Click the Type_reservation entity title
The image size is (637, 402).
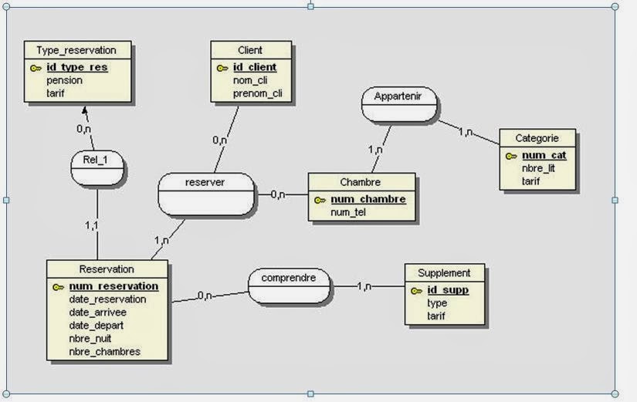click(x=76, y=50)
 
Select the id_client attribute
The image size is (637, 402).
click(x=254, y=68)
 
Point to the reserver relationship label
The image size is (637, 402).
click(x=205, y=182)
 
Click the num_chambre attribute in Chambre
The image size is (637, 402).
click(x=368, y=200)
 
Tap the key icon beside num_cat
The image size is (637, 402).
click(x=511, y=156)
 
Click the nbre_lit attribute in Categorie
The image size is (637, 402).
click(x=538, y=168)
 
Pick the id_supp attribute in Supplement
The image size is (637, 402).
click(x=447, y=290)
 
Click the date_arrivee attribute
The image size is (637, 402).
click(x=97, y=312)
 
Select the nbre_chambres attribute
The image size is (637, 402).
click(x=104, y=351)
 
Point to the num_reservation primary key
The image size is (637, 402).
click(x=113, y=286)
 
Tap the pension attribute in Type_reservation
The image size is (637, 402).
click(x=64, y=80)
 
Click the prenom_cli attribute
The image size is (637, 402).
click(x=257, y=93)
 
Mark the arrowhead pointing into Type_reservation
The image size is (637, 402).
click(x=84, y=110)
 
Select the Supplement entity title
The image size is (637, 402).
click(x=443, y=273)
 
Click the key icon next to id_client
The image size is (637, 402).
click(x=222, y=68)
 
